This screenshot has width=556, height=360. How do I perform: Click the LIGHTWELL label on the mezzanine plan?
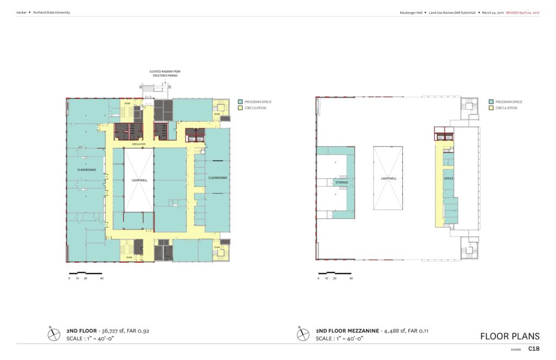point(388,179)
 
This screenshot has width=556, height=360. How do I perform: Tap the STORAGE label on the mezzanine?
point(342,182)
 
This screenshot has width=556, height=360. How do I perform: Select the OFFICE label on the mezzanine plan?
point(448,179)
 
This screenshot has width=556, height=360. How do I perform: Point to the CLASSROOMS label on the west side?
point(87,170)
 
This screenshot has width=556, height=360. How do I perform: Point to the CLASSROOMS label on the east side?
point(218,178)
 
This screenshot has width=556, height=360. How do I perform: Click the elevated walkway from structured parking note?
point(164,74)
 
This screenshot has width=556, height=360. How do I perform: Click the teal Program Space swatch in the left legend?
point(241,102)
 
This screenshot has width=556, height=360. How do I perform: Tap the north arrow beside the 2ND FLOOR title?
point(54,333)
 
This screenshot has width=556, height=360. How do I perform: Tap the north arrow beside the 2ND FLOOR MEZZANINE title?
point(303,333)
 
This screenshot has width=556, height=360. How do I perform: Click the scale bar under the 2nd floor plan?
point(85,273)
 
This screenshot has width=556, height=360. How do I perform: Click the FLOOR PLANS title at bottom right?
point(510,336)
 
